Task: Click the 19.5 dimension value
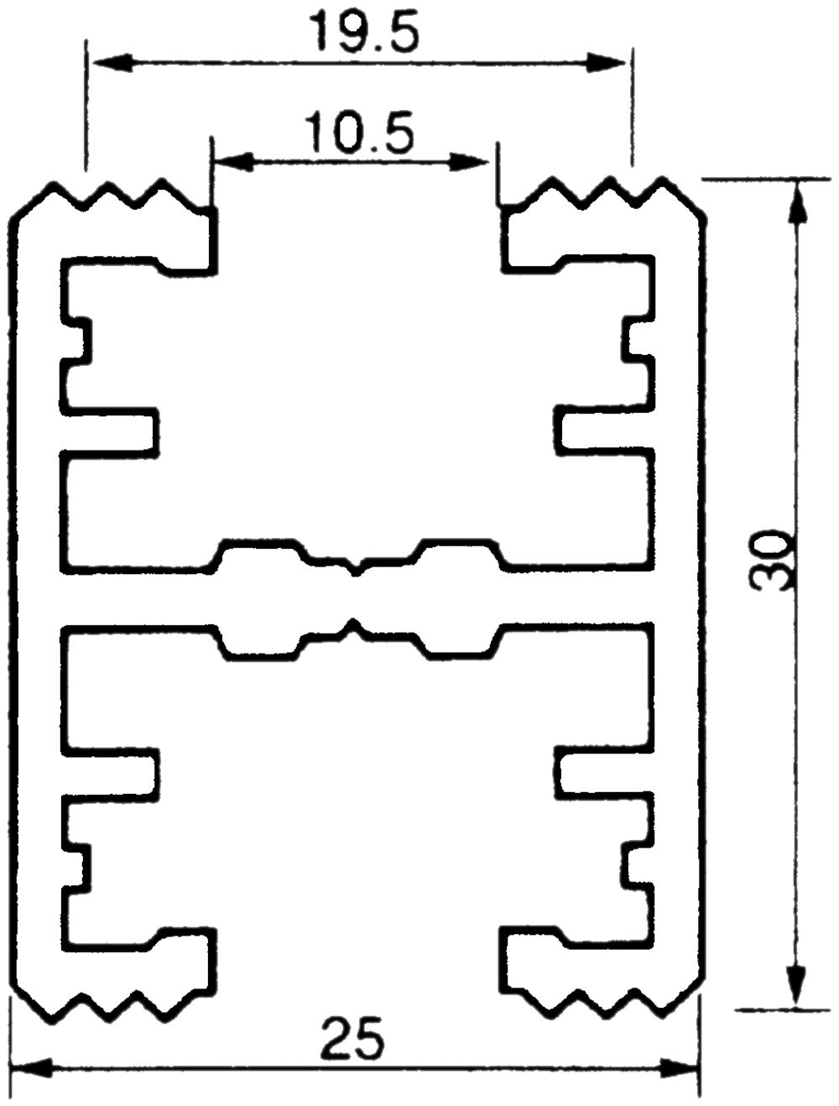click(x=362, y=32)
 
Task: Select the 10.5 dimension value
click(x=359, y=133)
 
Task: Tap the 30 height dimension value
click(x=773, y=560)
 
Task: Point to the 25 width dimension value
click(x=352, y=1040)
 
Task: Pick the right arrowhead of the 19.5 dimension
click(x=608, y=63)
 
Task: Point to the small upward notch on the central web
click(x=355, y=625)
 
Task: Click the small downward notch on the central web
click(x=357, y=571)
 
